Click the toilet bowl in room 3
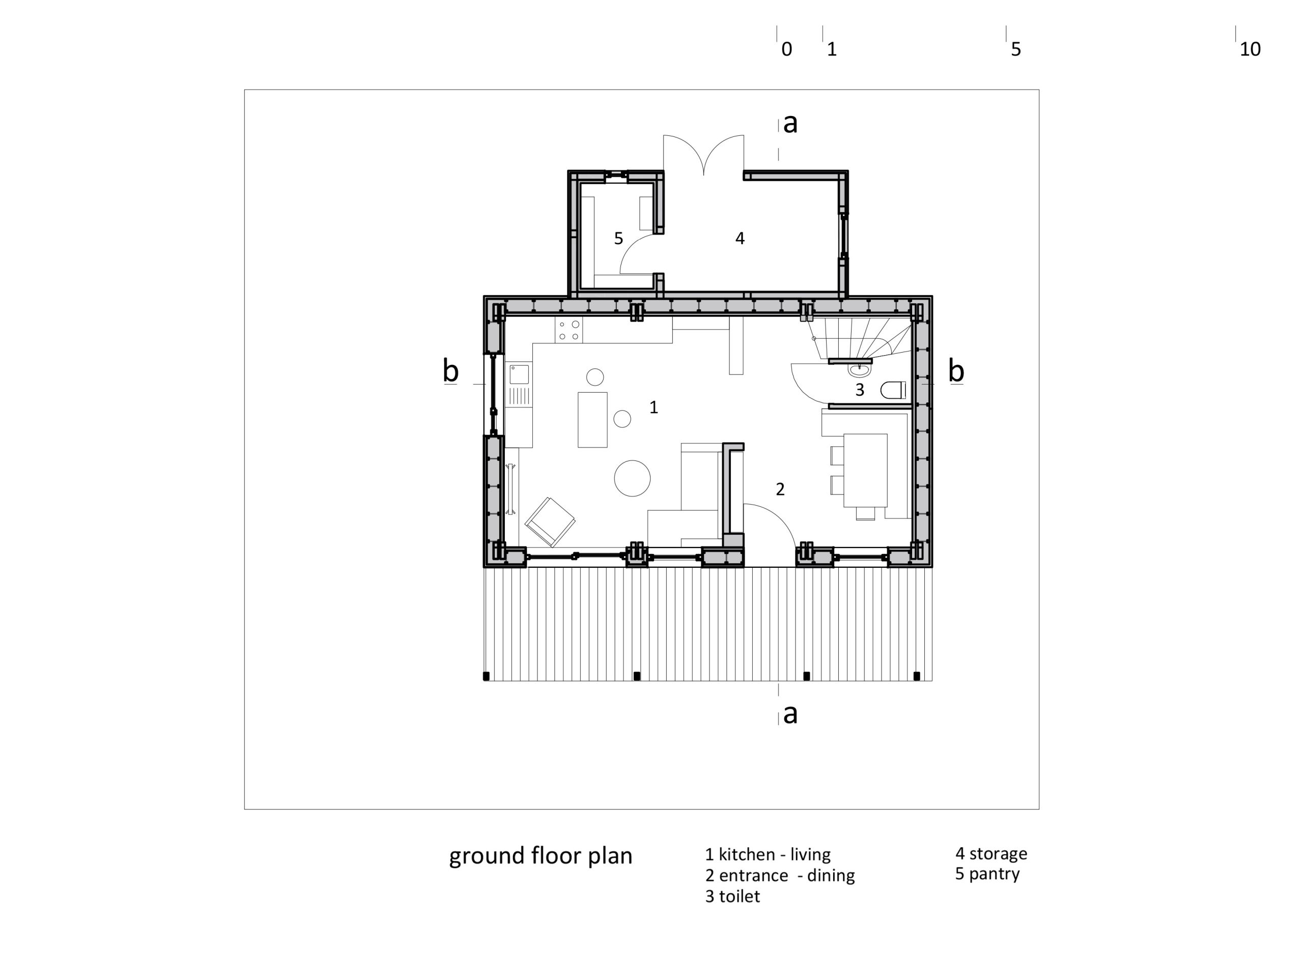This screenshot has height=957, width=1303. (893, 390)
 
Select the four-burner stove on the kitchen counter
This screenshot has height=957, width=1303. (569, 330)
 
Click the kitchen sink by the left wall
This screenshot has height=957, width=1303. (519, 375)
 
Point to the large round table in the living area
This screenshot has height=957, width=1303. (632, 478)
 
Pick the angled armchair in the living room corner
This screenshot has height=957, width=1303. (550, 521)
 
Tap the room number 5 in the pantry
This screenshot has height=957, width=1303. (619, 238)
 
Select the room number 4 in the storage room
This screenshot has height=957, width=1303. (740, 238)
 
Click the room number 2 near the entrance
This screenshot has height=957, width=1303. (780, 489)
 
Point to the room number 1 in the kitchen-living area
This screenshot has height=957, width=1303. (654, 408)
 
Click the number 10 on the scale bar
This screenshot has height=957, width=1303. (1250, 49)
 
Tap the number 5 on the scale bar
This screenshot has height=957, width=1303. (1015, 49)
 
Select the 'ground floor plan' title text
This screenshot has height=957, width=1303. (541, 856)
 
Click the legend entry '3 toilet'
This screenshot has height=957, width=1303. (732, 896)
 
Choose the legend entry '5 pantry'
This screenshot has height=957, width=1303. (987, 874)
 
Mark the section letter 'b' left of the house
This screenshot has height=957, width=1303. (451, 371)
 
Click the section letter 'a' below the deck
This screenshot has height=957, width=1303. (790, 714)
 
